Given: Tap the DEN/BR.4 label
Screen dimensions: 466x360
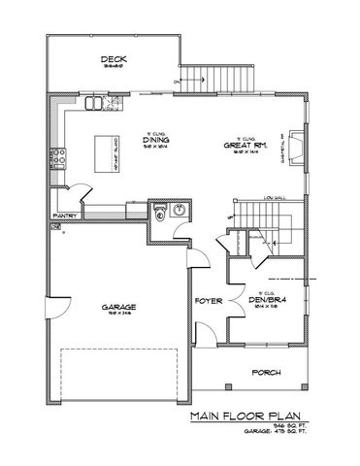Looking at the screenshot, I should (265, 300).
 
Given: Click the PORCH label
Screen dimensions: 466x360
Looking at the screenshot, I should (266, 373).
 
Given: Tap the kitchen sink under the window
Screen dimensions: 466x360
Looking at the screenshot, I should (95, 102).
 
